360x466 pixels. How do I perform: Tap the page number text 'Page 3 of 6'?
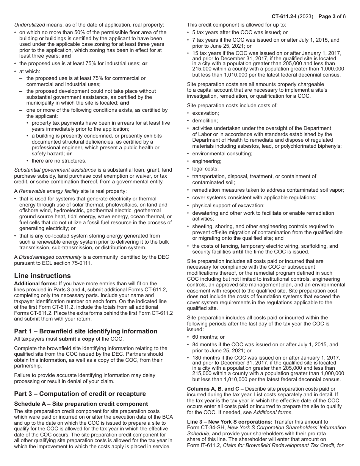(332, 16)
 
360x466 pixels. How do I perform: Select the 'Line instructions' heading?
(42, 276)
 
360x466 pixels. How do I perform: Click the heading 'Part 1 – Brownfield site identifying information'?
(86, 331)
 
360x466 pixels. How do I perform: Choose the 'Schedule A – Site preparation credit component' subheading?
(81, 404)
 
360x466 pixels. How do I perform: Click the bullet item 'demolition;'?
(205, 120)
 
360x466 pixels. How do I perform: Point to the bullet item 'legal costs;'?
(205, 169)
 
